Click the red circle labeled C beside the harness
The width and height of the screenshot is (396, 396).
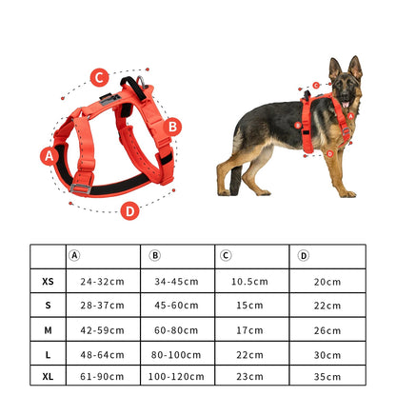(99, 77)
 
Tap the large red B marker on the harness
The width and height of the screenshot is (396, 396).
(172, 127)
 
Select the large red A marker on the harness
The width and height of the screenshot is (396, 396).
(49, 156)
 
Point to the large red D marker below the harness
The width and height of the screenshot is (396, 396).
(130, 211)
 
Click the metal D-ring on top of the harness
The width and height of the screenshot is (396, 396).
(141, 82)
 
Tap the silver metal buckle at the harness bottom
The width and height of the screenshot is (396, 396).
(81, 189)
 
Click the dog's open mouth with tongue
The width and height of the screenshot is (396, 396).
(346, 104)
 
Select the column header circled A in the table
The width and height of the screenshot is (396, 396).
(74, 255)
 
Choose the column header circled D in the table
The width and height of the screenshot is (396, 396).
(304, 255)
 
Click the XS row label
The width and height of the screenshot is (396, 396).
(48, 282)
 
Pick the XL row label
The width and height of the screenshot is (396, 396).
(48, 377)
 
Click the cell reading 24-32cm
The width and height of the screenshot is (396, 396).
(102, 282)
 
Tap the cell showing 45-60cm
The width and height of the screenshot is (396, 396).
(176, 306)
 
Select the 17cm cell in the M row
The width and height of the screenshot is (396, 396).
(249, 330)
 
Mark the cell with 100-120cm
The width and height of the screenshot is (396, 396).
(176, 377)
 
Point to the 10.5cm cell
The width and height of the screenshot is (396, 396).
(249, 282)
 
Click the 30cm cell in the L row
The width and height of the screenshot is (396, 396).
(327, 355)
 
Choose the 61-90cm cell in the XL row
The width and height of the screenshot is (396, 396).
(102, 377)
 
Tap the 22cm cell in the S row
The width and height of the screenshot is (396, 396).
(327, 306)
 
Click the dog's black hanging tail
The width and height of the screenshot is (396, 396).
(235, 179)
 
